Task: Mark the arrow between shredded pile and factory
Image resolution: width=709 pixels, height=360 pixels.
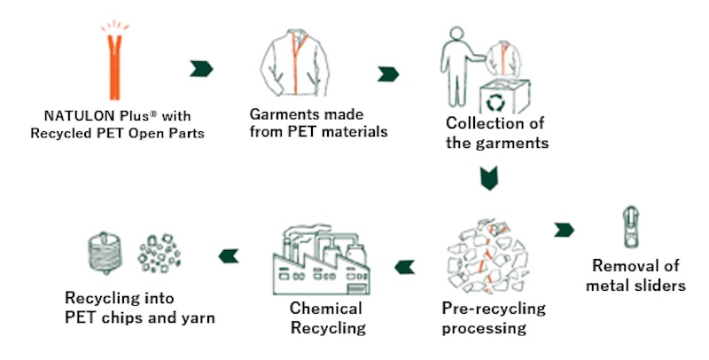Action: [404, 262]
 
